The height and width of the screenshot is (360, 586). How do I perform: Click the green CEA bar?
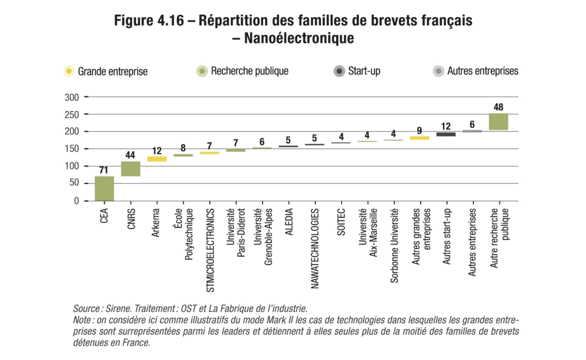pos(104,188)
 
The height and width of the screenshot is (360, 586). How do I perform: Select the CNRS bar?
pos(131,169)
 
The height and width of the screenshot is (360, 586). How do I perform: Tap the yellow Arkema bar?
pos(156,159)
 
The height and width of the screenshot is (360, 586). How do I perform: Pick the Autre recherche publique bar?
pos(498,121)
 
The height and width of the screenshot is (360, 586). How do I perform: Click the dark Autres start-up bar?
pos(446,134)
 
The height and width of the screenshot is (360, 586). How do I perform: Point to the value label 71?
pos(104,171)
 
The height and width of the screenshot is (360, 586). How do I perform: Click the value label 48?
pos(498,107)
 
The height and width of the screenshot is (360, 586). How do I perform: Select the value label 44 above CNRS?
pos(130,155)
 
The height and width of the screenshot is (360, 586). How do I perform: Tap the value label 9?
pos(420,131)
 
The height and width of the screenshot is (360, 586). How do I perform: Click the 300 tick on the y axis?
pos(72,97)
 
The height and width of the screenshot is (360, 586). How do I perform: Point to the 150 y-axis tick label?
pos(72,149)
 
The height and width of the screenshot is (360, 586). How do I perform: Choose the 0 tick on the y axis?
pos(76,201)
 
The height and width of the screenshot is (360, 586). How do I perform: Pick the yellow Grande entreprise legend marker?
pos(69,72)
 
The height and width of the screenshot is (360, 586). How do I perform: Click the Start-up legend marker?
pos(339,72)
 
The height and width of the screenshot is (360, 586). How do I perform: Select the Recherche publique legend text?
pos(250,72)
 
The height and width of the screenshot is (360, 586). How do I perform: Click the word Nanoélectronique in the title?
pos(298,39)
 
